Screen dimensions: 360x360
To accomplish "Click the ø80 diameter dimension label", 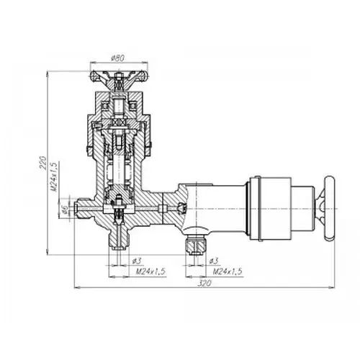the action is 118,58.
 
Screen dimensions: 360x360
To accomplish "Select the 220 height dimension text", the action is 42,163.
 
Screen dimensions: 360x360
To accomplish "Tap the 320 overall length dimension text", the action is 204,283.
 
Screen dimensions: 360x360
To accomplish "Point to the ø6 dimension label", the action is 64,210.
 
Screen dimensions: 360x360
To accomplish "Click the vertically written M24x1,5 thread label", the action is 55,177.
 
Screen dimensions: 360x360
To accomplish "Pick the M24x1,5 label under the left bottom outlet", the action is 151,271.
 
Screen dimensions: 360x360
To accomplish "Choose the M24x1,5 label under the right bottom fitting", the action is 228,271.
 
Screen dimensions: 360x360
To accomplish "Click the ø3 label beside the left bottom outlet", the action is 138,261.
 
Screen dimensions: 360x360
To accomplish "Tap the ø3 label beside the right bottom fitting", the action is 214,261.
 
